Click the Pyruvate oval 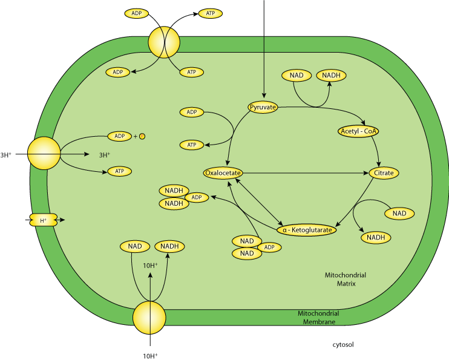click(263, 108)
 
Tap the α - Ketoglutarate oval click(307, 230)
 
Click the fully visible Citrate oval click(384, 173)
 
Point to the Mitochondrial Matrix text click(346, 279)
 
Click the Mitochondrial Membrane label click(318, 318)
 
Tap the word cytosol click(342, 345)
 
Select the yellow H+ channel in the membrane click(43, 220)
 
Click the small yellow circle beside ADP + click(142, 136)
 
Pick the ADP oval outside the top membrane click(137, 13)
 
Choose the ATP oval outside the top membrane click(211, 13)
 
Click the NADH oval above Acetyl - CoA click(331, 76)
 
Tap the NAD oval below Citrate click(399, 214)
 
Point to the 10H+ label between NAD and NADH click(150, 265)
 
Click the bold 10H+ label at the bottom click(150, 356)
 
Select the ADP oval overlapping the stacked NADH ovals click(196, 197)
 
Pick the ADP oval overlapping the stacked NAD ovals click(269, 247)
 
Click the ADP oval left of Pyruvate click(192, 112)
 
